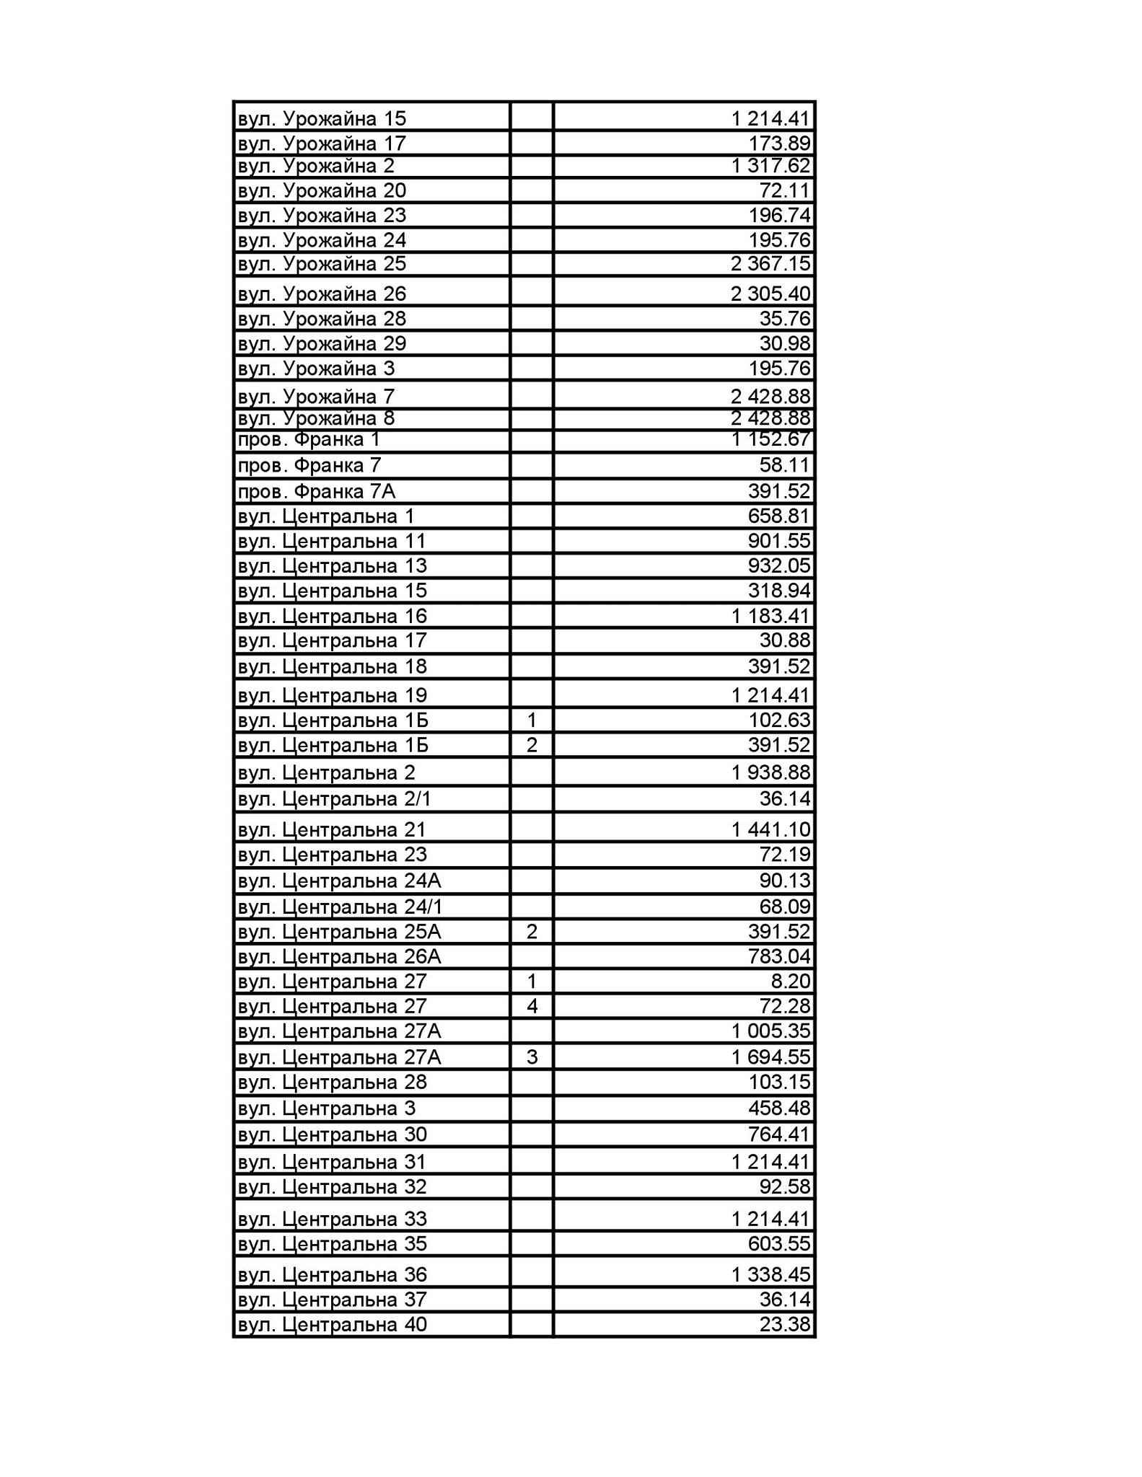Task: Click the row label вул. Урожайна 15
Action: coord(322,118)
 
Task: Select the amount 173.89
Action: coord(779,143)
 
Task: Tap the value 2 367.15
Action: coord(770,264)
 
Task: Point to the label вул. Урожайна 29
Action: coord(322,343)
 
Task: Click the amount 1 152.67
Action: coord(770,439)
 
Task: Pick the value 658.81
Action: coord(779,516)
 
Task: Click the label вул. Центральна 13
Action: coord(332,565)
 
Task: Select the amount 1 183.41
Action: coord(770,616)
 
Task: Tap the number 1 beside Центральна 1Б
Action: coord(532,720)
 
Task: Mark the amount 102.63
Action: coord(779,720)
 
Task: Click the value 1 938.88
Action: coord(770,772)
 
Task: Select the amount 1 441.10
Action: coord(770,829)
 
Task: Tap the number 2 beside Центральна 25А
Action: coord(532,932)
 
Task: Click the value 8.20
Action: coord(791,981)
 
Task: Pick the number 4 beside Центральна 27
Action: coord(532,1006)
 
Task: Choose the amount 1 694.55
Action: coord(770,1057)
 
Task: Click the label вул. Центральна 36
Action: coord(332,1274)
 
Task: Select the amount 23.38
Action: coord(785,1325)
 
